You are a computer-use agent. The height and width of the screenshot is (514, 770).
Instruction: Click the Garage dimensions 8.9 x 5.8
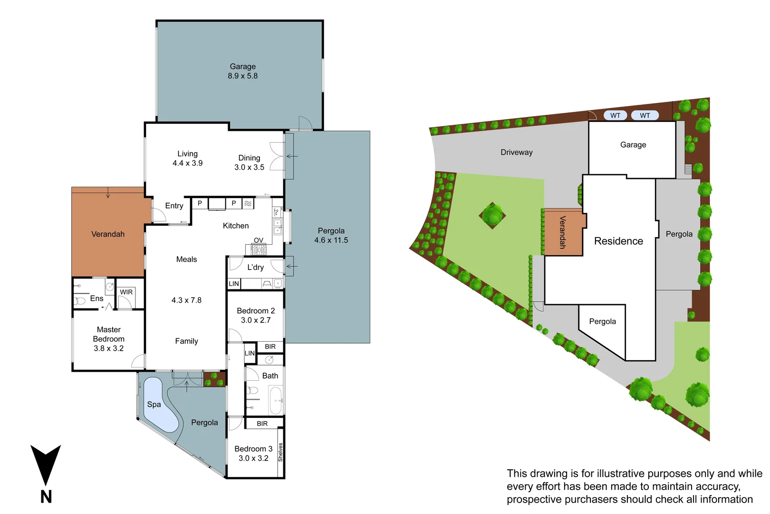(242, 76)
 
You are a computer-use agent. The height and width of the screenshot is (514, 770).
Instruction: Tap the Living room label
(187, 154)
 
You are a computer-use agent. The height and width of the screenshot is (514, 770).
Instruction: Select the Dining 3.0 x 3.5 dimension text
(249, 167)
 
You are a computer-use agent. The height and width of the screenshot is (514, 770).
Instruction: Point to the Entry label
(174, 206)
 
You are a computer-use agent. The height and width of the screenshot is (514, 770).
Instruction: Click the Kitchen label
(236, 226)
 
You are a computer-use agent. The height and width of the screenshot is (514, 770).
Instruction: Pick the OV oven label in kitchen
(259, 240)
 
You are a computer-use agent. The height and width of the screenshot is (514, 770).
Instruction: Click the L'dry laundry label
(255, 267)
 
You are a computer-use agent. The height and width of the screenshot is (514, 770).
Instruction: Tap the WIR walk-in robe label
(126, 292)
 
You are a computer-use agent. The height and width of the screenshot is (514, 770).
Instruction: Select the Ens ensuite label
(96, 298)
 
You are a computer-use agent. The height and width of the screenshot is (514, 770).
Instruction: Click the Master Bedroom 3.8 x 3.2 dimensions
(109, 348)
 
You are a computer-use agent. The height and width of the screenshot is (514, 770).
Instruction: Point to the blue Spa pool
(159, 405)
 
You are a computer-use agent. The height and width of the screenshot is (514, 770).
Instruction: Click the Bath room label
(270, 376)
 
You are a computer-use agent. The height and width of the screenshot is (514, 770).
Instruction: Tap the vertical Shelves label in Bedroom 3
(280, 452)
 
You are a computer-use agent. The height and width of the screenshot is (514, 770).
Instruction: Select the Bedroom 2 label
(256, 311)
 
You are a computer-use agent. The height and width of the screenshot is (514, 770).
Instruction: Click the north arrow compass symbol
(46, 466)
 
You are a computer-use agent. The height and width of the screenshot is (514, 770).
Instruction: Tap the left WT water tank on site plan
(615, 115)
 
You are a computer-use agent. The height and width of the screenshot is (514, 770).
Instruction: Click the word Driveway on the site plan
(517, 152)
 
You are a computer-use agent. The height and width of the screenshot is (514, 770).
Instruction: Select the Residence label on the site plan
(618, 241)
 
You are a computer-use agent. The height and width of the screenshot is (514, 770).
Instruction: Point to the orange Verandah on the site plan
(563, 232)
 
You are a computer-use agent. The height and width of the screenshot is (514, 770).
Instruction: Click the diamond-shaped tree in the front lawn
(492, 215)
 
